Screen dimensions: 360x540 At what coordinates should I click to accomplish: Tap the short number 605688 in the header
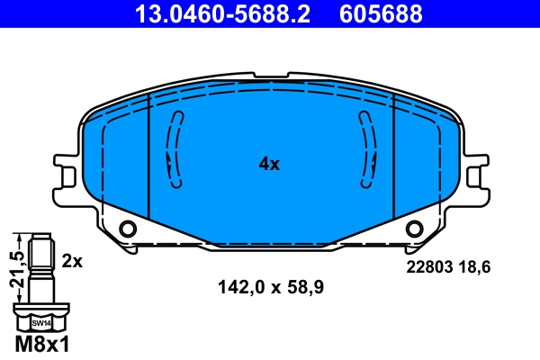click(380, 13)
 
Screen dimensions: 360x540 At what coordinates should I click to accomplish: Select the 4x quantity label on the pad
click(270, 164)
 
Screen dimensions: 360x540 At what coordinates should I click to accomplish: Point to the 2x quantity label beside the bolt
click(72, 261)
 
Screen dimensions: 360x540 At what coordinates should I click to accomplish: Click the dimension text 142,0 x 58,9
click(270, 288)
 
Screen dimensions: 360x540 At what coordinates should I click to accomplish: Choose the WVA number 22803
click(428, 267)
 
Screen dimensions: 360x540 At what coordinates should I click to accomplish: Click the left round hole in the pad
click(128, 229)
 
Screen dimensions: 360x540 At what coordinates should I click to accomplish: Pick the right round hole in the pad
click(414, 229)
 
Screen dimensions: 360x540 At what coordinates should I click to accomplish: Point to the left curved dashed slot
click(173, 148)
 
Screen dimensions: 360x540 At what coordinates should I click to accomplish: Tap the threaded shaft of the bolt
click(40, 270)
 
